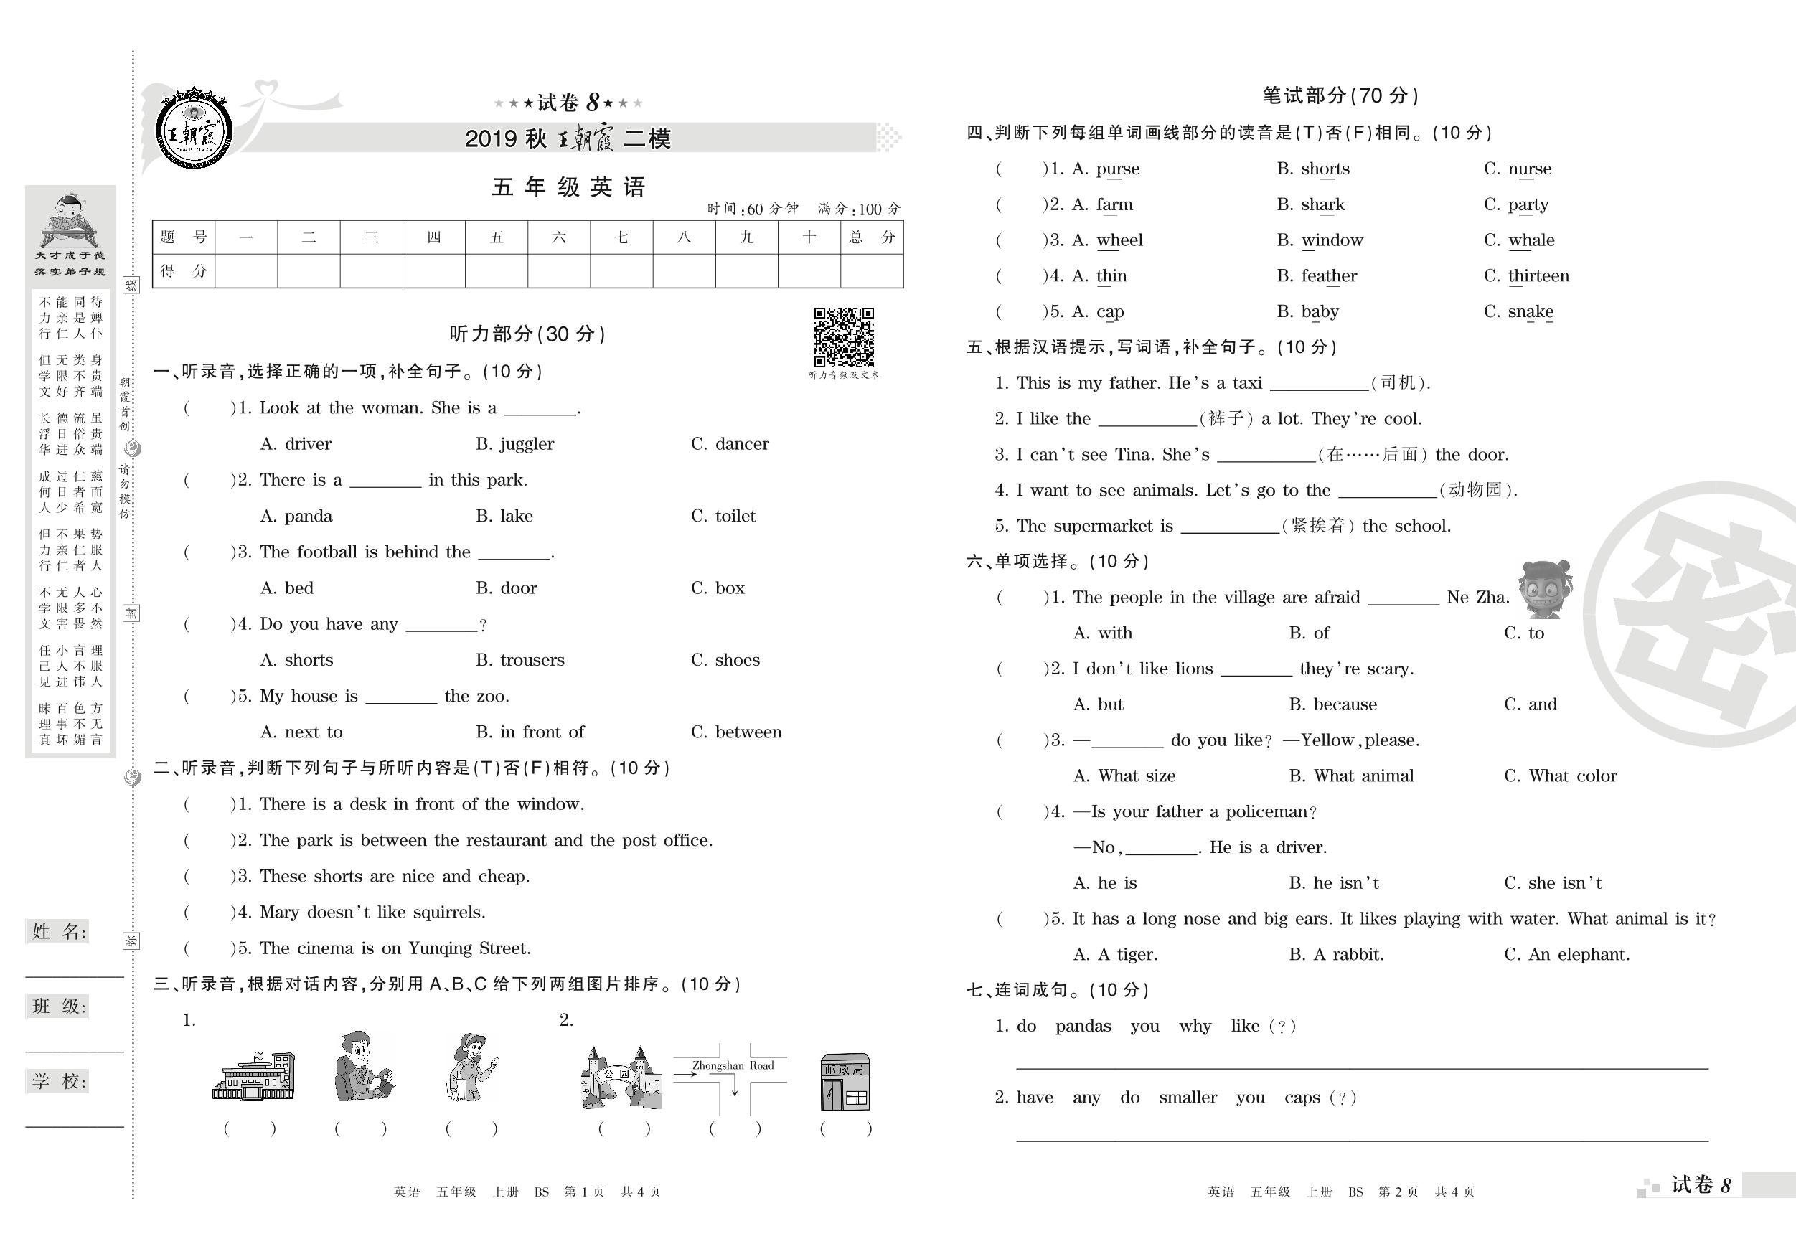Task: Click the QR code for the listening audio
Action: [843, 337]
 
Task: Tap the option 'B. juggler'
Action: [514, 444]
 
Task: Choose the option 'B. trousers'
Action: [519, 660]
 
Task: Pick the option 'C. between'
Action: [735, 732]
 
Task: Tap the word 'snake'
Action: [1531, 312]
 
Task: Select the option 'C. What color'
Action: [1560, 776]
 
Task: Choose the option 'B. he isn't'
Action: [1334, 883]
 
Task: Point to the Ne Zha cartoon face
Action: [1545, 588]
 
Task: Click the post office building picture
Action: [844, 1082]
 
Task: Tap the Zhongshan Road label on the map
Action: [732, 1065]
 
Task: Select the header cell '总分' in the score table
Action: [871, 237]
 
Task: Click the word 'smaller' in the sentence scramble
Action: [1188, 1098]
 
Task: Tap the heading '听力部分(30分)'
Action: [527, 335]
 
